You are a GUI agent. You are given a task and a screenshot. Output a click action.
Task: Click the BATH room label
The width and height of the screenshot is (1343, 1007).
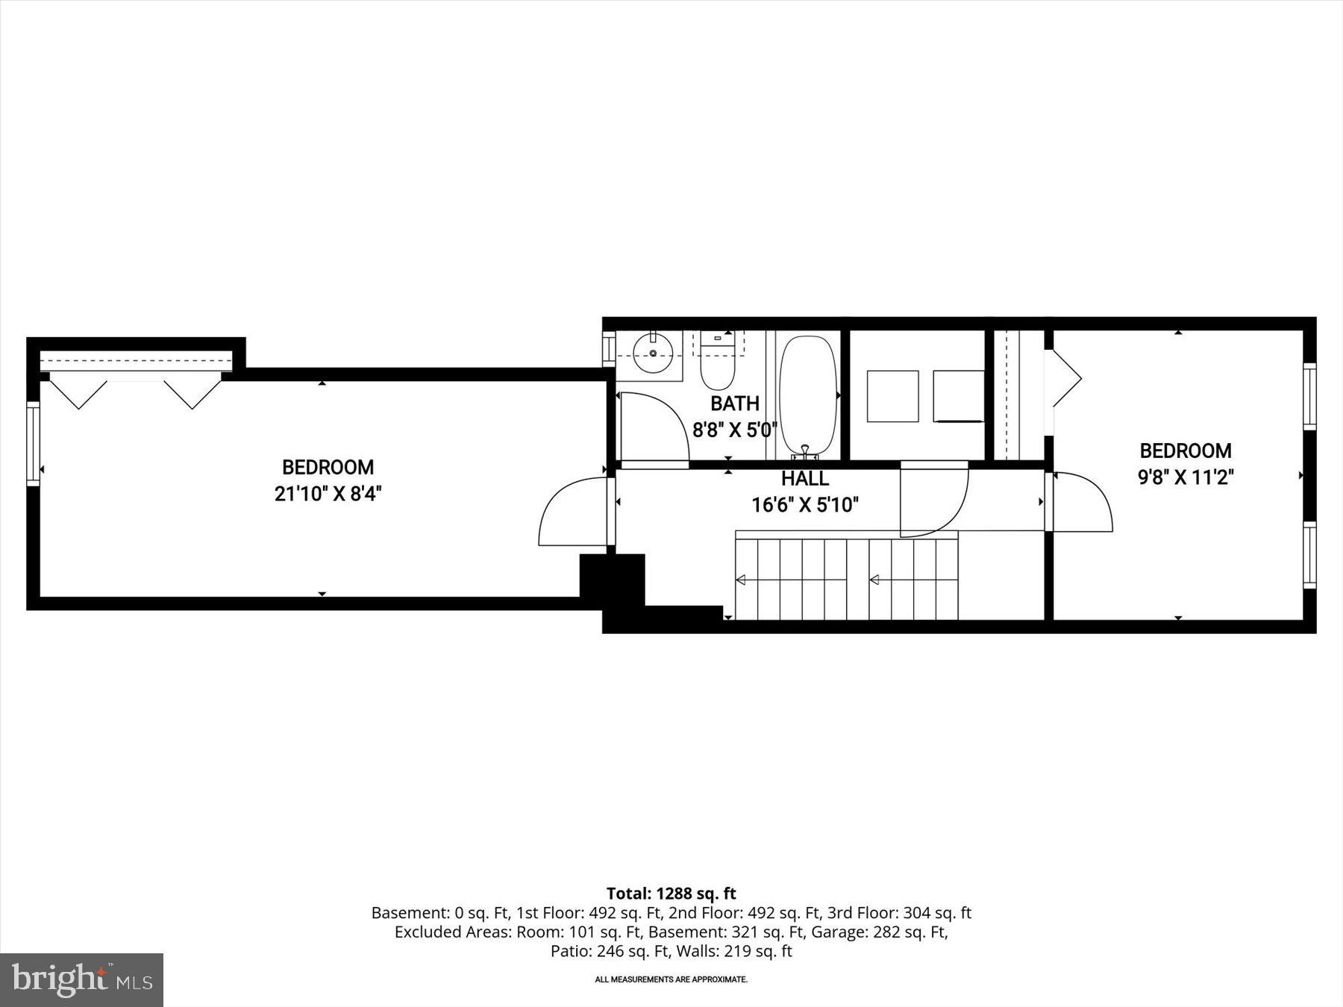[734, 404]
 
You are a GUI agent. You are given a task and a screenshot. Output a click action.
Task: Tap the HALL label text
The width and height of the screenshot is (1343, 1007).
[805, 478]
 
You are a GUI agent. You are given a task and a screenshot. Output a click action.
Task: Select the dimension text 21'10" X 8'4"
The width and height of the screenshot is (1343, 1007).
[328, 493]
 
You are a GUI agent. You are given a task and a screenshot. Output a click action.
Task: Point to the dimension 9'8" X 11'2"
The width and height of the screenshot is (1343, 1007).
[1186, 477]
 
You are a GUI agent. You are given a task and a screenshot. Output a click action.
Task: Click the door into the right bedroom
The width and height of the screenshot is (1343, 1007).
[1082, 501]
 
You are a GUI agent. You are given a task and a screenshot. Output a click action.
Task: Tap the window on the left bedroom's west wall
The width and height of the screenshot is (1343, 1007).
[33, 444]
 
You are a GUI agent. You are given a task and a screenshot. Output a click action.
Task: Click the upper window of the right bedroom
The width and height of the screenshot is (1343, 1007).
[1309, 395]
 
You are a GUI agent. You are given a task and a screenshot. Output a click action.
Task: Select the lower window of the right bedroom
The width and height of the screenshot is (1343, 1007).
[1309, 555]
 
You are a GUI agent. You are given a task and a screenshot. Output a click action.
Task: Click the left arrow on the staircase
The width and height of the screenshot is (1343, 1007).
[741, 580]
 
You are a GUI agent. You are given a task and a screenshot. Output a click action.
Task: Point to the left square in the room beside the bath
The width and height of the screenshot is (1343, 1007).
[892, 396]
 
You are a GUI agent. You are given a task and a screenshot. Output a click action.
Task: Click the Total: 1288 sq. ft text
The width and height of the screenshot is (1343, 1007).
[671, 894]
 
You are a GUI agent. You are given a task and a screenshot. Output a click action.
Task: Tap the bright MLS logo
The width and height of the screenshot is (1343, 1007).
[81, 979]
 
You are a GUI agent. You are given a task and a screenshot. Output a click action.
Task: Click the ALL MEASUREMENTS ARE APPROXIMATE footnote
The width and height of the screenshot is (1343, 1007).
[671, 979]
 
